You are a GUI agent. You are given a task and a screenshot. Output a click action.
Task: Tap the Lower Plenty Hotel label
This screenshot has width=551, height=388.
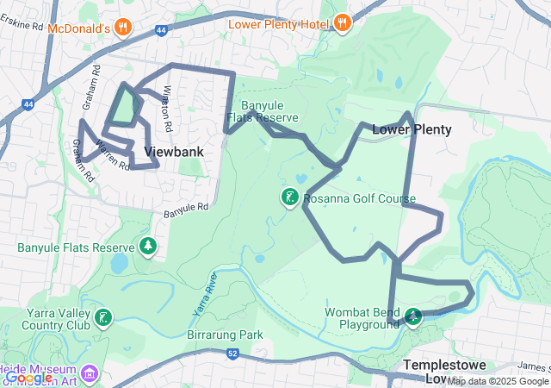278,24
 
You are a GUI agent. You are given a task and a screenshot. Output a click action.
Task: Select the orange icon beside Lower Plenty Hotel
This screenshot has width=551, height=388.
342,23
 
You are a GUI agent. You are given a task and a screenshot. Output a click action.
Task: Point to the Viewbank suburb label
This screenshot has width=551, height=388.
174,152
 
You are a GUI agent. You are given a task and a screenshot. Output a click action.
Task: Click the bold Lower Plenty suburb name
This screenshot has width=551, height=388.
412,129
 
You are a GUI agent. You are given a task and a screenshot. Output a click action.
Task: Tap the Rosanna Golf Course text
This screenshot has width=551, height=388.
359,199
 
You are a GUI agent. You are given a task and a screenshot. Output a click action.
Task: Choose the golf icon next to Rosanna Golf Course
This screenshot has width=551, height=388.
289,197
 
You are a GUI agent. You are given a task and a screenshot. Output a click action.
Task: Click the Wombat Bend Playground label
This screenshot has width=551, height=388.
362,318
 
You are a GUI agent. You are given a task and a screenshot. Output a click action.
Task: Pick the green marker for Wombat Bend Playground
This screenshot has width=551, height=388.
413,316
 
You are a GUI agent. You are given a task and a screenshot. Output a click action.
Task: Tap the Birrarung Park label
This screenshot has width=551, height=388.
224,334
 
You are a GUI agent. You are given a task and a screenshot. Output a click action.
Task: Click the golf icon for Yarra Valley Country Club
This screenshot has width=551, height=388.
103,319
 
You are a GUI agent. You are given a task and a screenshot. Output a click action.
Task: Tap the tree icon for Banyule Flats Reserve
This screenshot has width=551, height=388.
148,247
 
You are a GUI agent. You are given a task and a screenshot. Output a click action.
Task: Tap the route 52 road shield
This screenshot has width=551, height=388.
232,354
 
